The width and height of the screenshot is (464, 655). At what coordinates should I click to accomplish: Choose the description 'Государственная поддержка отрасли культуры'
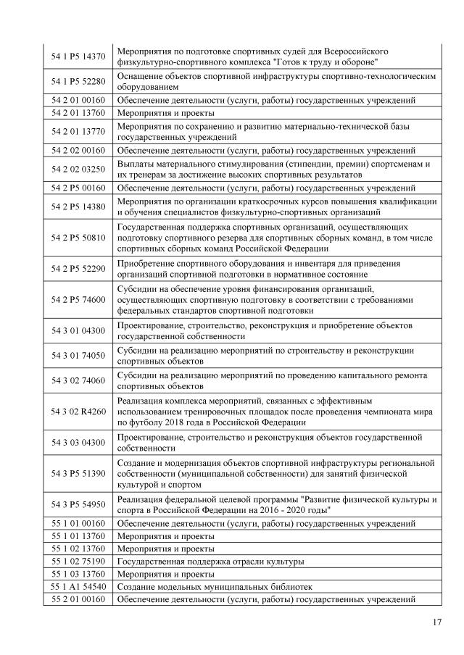[210, 561]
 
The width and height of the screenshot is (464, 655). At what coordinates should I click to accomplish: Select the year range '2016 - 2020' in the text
[278, 510]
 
